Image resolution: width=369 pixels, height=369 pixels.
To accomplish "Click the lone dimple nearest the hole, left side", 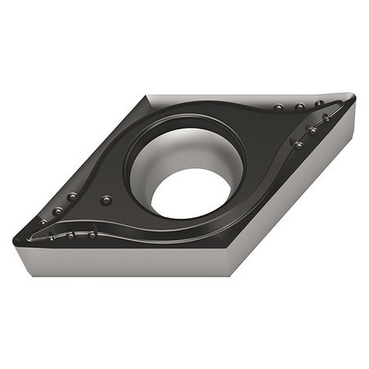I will click(105, 200).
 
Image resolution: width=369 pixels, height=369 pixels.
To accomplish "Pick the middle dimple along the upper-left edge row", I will click(58, 211).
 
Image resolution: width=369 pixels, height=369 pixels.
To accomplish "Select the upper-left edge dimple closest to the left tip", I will click(44, 221).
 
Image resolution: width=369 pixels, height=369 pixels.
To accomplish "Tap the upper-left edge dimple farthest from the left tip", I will click(73, 197).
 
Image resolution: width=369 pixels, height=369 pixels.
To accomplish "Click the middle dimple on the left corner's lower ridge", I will click(71, 235).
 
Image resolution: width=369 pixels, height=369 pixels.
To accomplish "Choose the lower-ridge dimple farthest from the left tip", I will click(92, 234).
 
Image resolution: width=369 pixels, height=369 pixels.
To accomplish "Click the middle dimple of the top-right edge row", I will click(300, 107).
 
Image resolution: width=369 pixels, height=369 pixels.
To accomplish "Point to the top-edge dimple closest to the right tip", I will click(319, 104).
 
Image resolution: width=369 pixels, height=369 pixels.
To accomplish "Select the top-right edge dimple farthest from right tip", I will click(280, 107).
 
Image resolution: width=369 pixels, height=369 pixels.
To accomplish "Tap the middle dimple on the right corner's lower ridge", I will click(312, 130).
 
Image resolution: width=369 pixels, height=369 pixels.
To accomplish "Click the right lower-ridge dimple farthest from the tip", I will click(298, 144).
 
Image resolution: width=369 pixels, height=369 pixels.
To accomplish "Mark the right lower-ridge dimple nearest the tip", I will click(326, 117).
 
